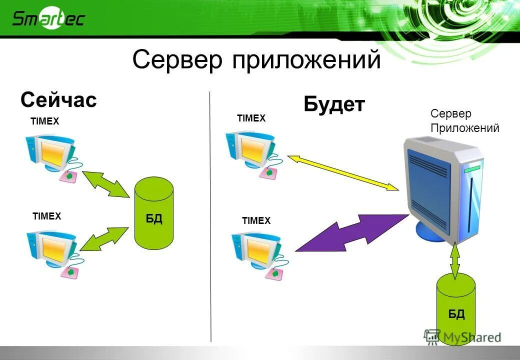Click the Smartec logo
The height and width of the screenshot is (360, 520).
point(48,19)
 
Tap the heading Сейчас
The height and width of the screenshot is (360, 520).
point(58,100)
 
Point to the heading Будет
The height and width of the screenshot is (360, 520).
point(334,105)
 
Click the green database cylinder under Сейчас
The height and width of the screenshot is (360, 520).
point(154,213)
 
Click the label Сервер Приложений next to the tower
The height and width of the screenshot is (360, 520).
point(464,121)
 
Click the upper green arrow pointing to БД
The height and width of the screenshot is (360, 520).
point(105,185)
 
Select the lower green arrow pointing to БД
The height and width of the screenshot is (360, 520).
point(104,238)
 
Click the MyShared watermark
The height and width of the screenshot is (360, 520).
point(462,337)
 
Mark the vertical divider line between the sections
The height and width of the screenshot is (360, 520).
point(210,215)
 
